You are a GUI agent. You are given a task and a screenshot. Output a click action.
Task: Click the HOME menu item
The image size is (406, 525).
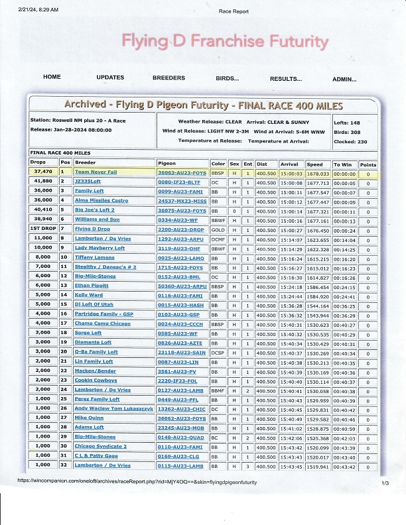(52, 78)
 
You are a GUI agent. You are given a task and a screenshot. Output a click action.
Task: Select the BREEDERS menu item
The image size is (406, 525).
(169, 78)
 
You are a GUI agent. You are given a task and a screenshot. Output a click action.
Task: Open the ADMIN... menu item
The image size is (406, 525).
(344, 79)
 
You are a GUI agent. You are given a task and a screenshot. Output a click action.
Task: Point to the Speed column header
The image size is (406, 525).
(314, 163)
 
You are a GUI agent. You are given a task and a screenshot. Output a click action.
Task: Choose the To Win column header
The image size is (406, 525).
(342, 163)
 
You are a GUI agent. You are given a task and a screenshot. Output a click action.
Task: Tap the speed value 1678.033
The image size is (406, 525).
(318, 172)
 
